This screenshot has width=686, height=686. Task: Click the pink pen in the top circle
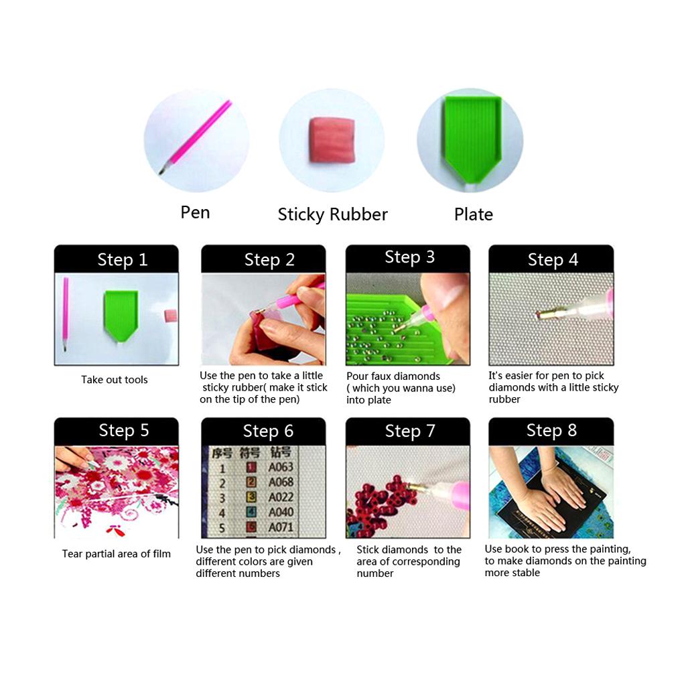pos(196,137)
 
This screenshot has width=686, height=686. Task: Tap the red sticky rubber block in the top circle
pos(332,141)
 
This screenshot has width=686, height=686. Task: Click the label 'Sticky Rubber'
pos(332,214)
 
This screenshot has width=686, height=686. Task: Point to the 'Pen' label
pos(195,212)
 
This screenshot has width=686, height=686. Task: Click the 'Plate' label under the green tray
pos(474,214)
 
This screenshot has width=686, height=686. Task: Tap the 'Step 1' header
pos(123,260)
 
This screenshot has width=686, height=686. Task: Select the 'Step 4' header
pos(553,260)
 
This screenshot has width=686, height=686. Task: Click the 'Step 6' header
pos(268,431)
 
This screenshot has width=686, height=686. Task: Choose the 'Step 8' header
pos(552,431)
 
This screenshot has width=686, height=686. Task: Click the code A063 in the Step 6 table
pos(281,467)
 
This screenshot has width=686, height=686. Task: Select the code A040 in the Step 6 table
pos(281,512)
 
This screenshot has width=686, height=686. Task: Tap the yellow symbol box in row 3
pos(251,497)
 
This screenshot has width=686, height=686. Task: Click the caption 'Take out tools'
pos(114,380)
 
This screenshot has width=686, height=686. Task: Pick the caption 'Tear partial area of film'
pos(117,554)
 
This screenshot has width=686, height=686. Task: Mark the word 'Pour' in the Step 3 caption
pos(356,376)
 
